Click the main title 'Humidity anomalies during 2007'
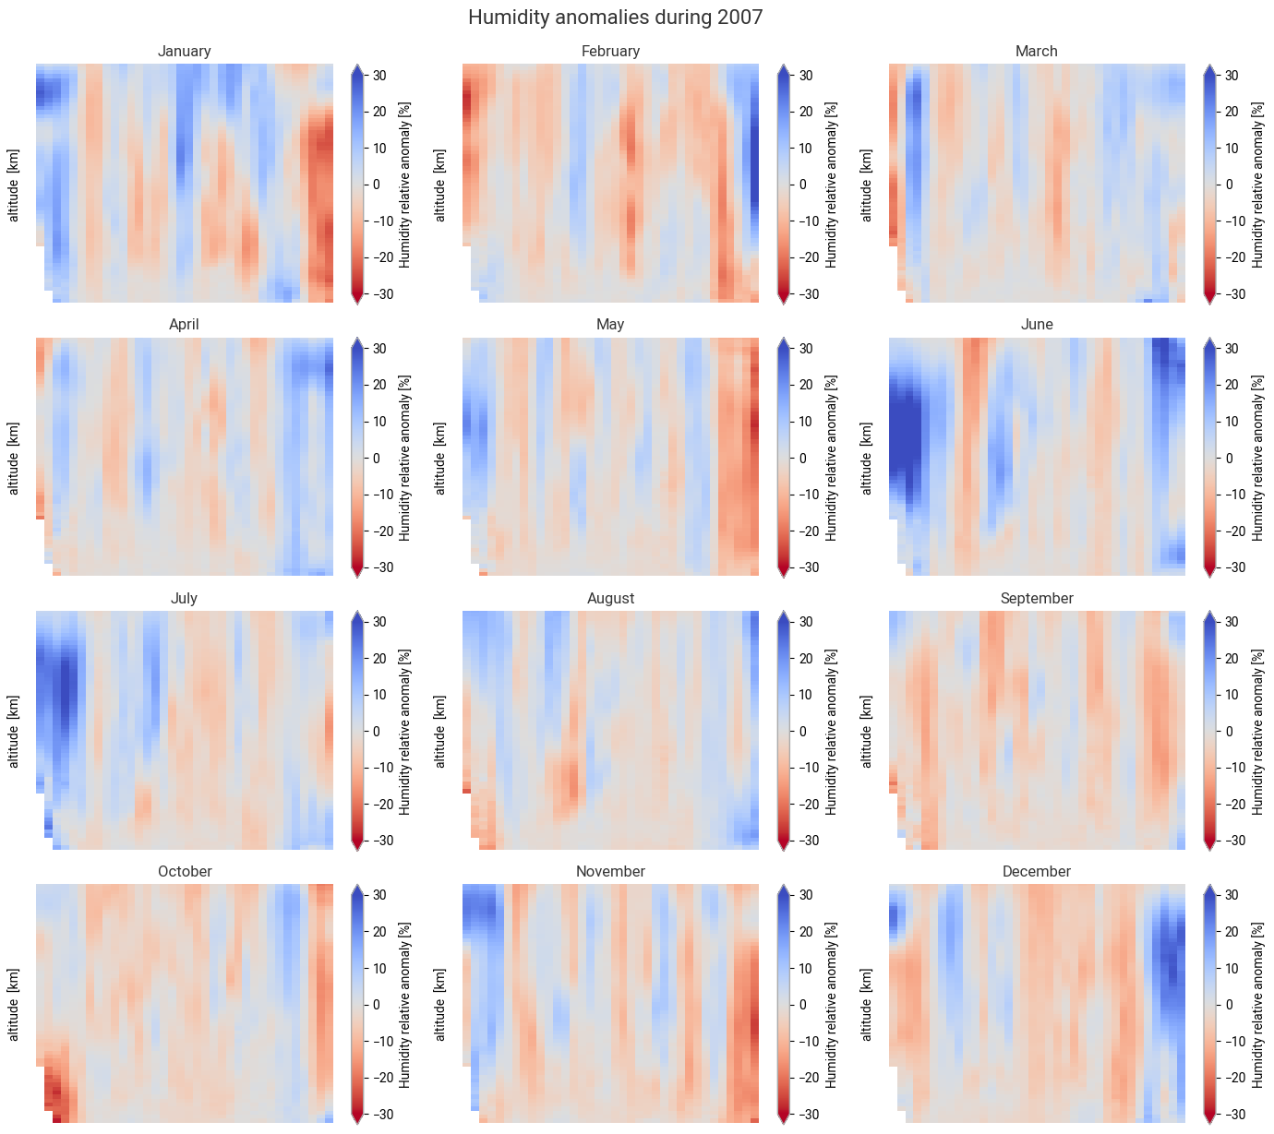tap(615, 18)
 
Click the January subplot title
tap(184, 52)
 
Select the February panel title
tap(610, 52)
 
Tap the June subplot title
tap(1037, 325)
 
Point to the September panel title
tap(1037, 599)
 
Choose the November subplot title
tap(610, 872)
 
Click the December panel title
tap(1037, 872)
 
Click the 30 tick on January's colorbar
tap(379, 76)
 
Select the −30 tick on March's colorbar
tap(1232, 294)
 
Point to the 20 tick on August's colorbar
tap(806, 659)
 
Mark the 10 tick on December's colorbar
tap(1232, 969)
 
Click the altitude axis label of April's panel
tap(14, 458)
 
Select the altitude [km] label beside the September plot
tap(867, 732)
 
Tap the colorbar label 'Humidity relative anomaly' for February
tap(832, 185)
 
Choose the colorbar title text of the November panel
tap(832, 1005)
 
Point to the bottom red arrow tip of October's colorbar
tap(357, 1119)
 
